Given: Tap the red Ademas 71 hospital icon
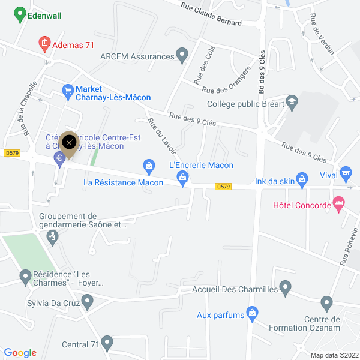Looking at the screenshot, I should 44,43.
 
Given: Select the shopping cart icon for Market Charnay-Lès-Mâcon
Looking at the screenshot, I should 68,91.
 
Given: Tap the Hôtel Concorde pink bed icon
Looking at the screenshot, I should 339,205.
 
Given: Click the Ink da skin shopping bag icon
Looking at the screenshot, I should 302,178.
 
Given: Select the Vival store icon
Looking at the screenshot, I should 345,174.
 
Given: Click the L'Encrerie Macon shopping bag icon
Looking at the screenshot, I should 182,177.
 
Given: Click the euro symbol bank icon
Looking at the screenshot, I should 59,158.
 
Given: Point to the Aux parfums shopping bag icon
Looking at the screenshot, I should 253,313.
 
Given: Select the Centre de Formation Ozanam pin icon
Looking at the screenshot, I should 326,302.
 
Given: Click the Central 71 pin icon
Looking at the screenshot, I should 107,343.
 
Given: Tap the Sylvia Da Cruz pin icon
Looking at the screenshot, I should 88,301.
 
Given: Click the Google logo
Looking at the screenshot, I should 20,353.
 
